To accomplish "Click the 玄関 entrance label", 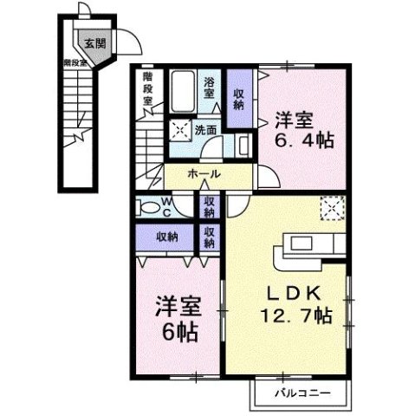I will click(92, 42).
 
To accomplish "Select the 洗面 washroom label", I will click(204, 130).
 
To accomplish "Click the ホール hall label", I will click(203, 174).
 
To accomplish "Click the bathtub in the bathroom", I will click(182, 91).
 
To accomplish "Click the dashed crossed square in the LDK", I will click(332, 208).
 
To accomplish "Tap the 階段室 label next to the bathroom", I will click(148, 88).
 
